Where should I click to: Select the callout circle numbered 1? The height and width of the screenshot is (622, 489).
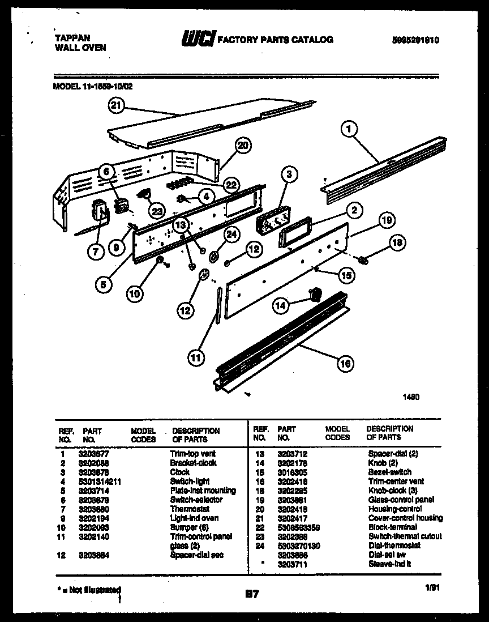pyautogui.click(x=349, y=130)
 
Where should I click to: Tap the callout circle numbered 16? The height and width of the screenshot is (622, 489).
pyautogui.click(x=345, y=364)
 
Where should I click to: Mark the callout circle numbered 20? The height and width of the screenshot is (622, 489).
pyautogui.click(x=242, y=146)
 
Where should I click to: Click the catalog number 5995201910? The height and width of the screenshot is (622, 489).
pyautogui.click(x=415, y=40)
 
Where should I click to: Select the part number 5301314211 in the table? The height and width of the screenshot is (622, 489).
pyautogui.click(x=100, y=481)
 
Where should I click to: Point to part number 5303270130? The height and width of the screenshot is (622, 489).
pyautogui.click(x=299, y=545)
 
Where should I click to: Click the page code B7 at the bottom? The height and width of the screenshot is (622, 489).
pyautogui.click(x=252, y=594)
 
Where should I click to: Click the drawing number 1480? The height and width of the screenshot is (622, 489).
pyautogui.click(x=411, y=398)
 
